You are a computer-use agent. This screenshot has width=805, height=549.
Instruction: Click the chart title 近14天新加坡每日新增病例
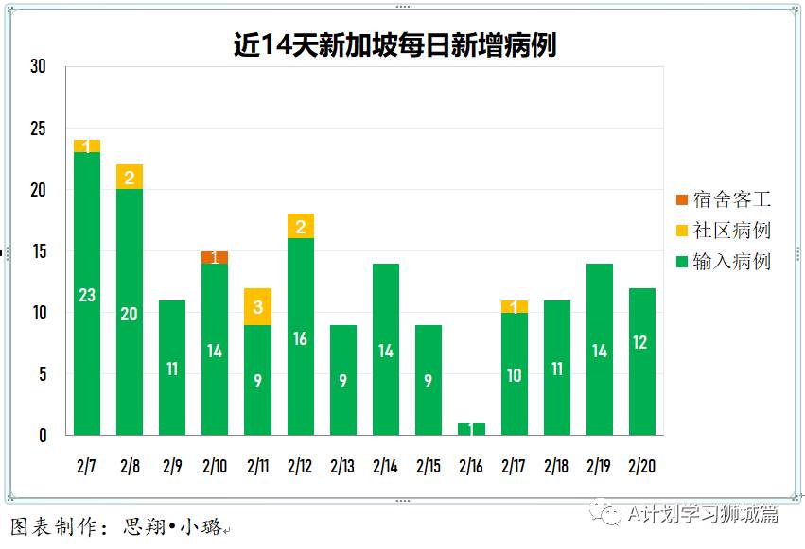[394, 44]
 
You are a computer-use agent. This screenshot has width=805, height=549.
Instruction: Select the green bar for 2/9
[172, 368]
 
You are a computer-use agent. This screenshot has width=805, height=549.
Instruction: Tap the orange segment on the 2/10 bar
[215, 257]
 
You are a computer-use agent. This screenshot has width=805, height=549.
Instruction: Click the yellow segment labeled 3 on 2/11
[257, 306]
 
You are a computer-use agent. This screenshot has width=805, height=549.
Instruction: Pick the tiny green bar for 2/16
[471, 429]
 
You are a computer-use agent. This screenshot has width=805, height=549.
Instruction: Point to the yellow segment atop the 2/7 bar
[87, 146]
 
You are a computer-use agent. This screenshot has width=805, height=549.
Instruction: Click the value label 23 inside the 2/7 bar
[87, 295]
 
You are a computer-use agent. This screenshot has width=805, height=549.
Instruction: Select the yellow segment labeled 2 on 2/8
[130, 177]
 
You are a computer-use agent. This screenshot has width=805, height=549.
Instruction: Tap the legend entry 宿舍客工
[724, 199]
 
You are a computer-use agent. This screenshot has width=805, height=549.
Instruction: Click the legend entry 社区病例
[724, 230]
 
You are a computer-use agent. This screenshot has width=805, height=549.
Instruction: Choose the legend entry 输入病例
[724, 261]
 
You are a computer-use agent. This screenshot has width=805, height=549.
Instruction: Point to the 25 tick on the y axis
[38, 129]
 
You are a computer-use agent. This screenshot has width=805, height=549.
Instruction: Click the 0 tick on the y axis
[42, 436]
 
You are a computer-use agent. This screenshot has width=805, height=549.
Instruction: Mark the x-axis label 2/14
[385, 466]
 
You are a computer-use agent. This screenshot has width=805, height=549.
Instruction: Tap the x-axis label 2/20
[641, 466]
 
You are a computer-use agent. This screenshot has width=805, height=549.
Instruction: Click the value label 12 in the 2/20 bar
[641, 343]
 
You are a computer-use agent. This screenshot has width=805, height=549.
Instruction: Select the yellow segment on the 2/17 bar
[514, 306]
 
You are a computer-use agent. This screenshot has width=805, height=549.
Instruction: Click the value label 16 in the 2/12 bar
[300, 338]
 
